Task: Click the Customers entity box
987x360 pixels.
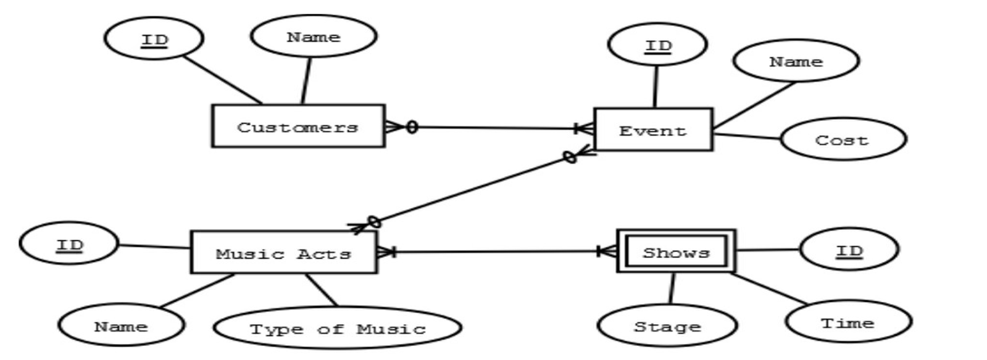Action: click(x=298, y=127)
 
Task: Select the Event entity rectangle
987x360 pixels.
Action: click(x=653, y=130)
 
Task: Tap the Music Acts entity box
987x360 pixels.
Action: click(x=283, y=253)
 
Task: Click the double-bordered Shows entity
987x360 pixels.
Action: click(x=676, y=251)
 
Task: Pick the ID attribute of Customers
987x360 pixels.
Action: click(x=154, y=39)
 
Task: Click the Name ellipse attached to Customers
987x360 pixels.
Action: click(x=313, y=36)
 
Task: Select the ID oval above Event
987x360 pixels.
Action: click(x=657, y=45)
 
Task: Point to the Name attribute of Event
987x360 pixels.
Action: click(x=796, y=61)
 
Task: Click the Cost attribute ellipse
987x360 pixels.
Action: click(x=843, y=140)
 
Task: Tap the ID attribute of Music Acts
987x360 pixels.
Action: click(x=69, y=245)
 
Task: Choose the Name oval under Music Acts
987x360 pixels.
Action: click(x=121, y=325)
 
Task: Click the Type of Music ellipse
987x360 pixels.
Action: click(x=337, y=329)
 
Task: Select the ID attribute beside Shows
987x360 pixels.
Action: click(x=849, y=250)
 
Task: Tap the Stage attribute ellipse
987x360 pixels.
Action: click(x=667, y=326)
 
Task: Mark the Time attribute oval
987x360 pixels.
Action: click(x=848, y=322)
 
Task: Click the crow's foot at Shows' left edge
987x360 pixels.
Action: click(x=607, y=251)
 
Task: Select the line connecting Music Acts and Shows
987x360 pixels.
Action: click(x=494, y=251)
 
